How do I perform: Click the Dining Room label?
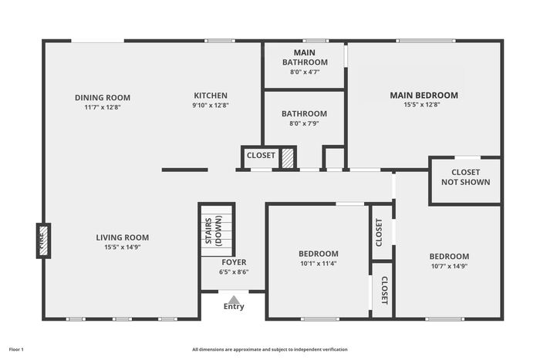[x=103, y=98]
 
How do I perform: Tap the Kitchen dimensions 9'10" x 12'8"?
[x=211, y=106]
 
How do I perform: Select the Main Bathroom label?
[x=305, y=58]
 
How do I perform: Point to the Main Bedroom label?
[x=424, y=96]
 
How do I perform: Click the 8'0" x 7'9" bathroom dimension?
[x=304, y=123]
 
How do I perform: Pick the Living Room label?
[x=122, y=237]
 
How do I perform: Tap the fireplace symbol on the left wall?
[x=43, y=241]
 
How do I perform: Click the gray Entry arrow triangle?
[x=234, y=300]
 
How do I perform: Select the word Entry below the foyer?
[x=234, y=307]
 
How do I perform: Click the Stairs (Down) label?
[x=214, y=230]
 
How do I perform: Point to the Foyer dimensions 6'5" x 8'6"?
[x=234, y=272]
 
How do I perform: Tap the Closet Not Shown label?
[x=466, y=177]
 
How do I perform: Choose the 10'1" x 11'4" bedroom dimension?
[x=318, y=264]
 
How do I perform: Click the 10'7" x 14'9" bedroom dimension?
[x=449, y=267]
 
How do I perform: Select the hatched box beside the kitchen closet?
[x=288, y=158]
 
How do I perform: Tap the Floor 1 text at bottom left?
[x=16, y=350]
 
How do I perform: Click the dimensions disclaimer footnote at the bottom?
[x=270, y=350]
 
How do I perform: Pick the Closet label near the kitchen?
[x=261, y=156]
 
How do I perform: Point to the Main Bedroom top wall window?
[x=426, y=41]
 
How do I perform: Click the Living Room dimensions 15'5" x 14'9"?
[x=122, y=247]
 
